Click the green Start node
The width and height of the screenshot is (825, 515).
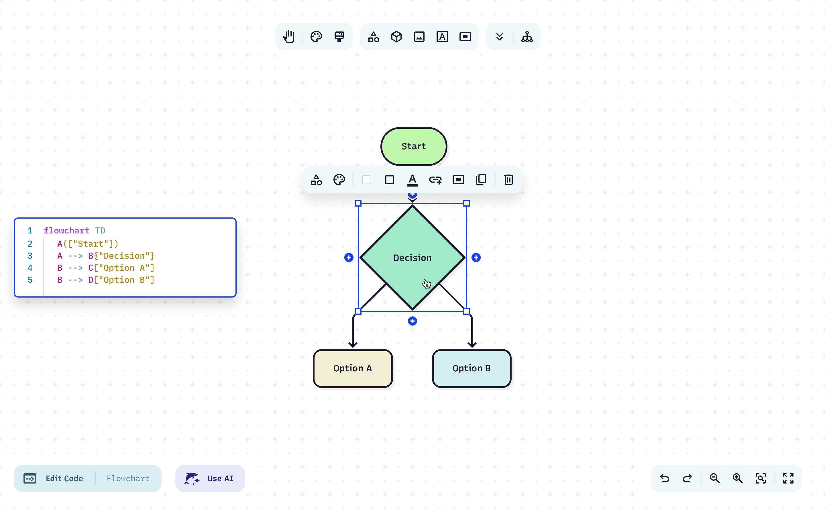click(x=414, y=146)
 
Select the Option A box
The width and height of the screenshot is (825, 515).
click(x=353, y=368)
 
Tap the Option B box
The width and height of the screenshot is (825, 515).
click(x=472, y=368)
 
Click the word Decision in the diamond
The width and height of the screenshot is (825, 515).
click(x=412, y=258)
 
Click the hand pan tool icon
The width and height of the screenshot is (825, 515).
click(x=289, y=37)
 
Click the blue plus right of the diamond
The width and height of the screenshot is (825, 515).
click(x=476, y=257)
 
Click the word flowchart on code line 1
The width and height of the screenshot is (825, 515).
click(x=66, y=231)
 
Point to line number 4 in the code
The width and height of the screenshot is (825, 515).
click(x=30, y=268)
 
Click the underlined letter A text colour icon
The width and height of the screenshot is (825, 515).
click(x=412, y=179)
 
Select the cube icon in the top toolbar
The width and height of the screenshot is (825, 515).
click(x=396, y=37)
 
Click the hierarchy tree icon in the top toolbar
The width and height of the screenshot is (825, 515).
click(x=527, y=37)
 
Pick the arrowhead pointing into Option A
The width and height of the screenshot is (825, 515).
click(x=353, y=345)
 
